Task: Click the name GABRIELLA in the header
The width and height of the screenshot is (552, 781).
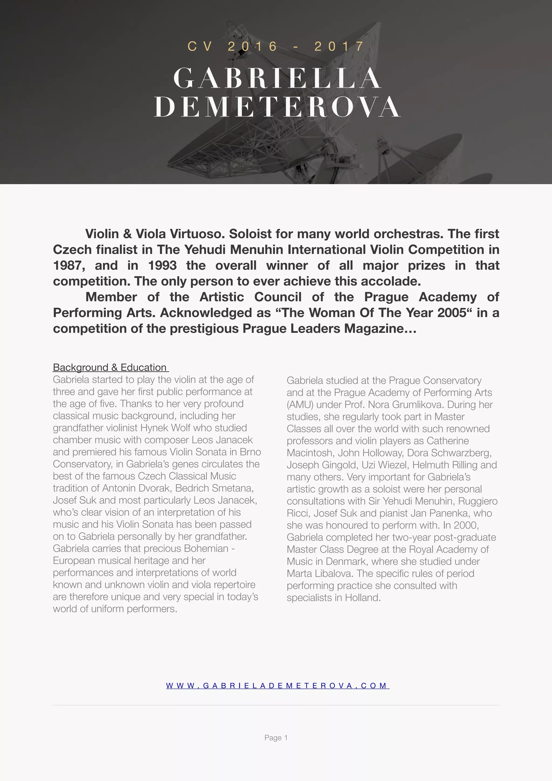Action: [x=277, y=78]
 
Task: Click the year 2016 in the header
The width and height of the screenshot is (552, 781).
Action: [x=252, y=46]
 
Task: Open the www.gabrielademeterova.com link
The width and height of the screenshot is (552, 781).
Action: [x=277, y=685]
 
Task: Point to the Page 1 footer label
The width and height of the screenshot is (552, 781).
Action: [x=276, y=737]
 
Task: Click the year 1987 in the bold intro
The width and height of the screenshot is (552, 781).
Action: [x=69, y=265]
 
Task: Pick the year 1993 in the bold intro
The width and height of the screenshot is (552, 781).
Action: [x=162, y=265]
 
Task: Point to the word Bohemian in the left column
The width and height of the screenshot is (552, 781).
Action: [x=206, y=548]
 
